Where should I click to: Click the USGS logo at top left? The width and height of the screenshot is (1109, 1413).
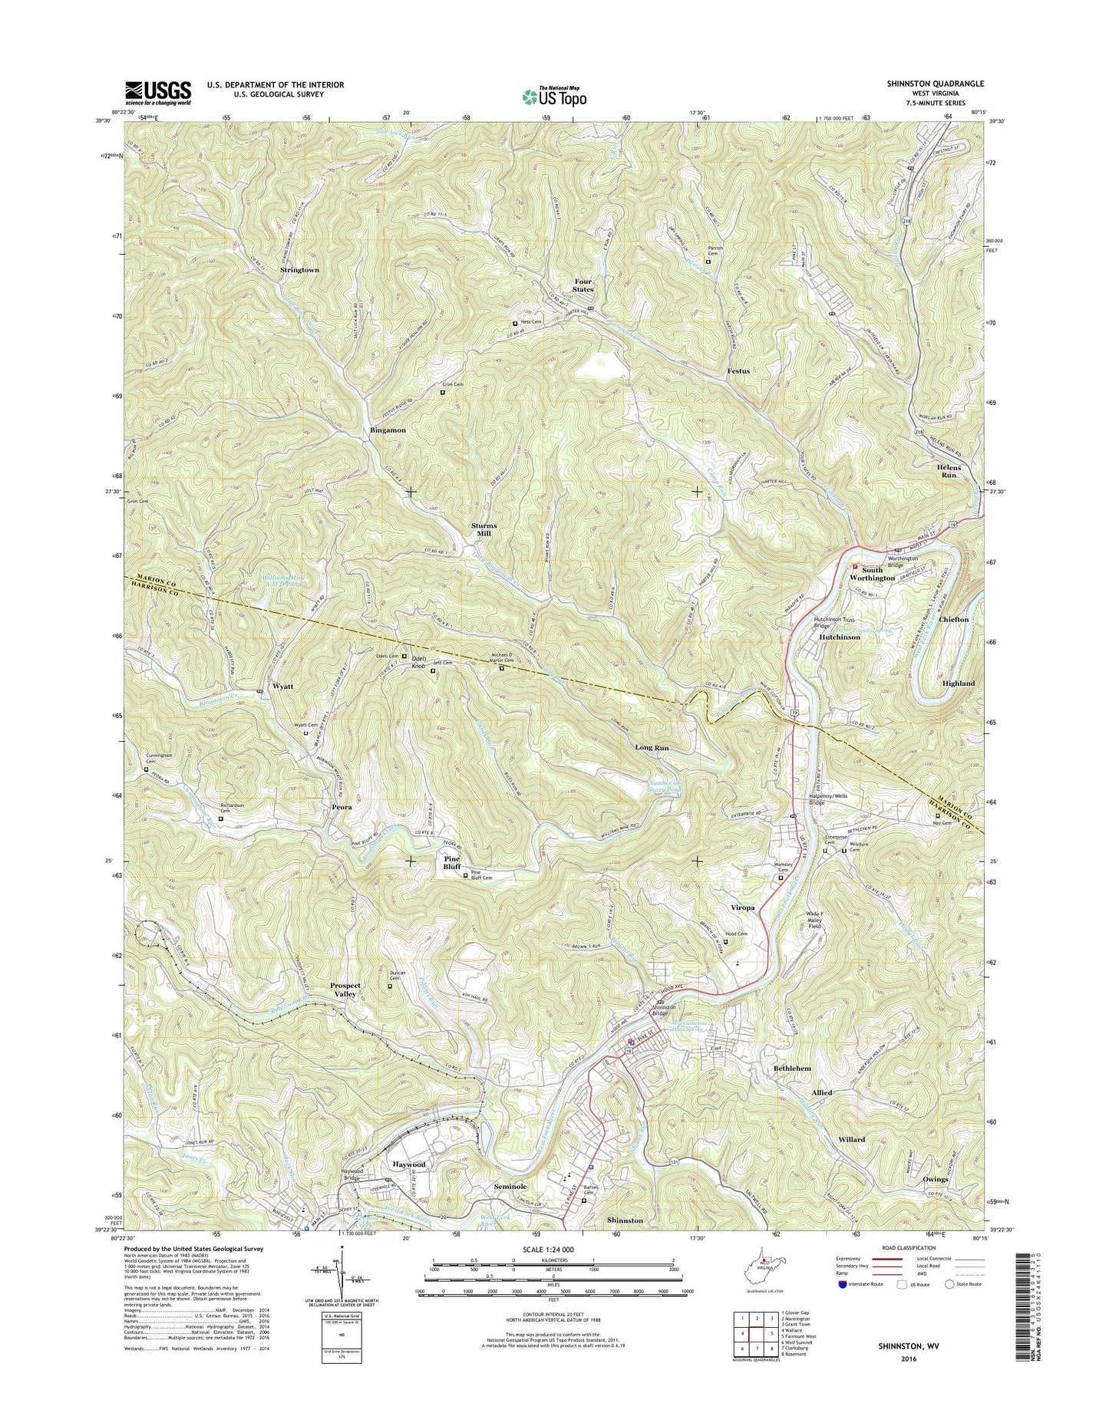click(158, 93)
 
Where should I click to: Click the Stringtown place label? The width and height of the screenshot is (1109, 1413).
click(299, 271)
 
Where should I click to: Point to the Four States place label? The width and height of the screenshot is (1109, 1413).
click(583, 285)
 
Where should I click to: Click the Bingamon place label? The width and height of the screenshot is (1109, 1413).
click(388, 430)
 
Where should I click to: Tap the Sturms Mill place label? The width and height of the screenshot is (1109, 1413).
click(484, 529)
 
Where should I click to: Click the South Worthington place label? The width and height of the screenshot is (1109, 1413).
click(872, 574)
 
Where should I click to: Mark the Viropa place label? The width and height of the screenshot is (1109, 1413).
click(742, 907)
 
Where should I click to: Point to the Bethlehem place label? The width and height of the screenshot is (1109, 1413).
click(792, 1069)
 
